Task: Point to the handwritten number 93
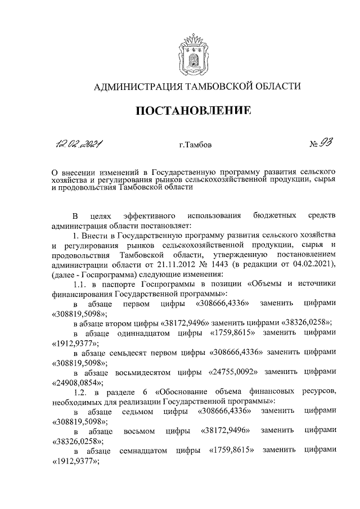tap(326, 146)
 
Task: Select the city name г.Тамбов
tap(195, 148)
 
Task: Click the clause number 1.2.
tap(82, 392)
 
